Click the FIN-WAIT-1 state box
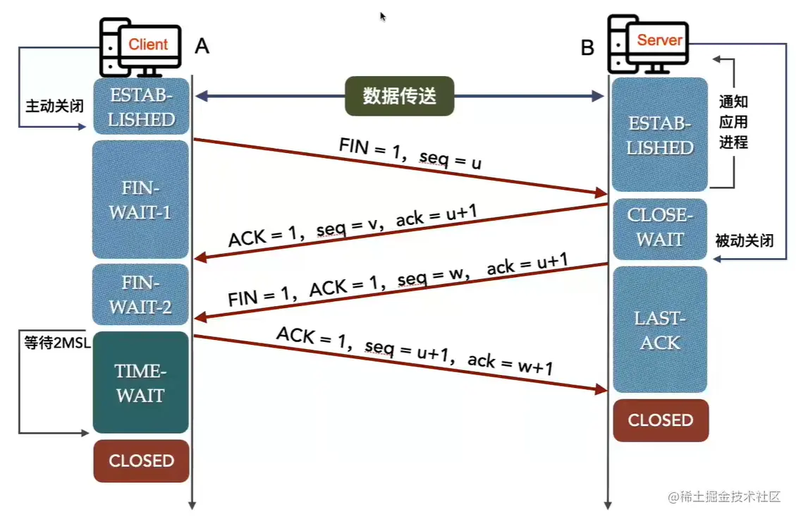(141, 200)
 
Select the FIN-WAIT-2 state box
(141, 295)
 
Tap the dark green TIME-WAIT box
(141, 383)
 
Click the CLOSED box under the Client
(141, 461)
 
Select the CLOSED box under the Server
(661, 420)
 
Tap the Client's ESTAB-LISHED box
(141, 106)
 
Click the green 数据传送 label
(399, 97)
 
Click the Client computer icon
(140, 46)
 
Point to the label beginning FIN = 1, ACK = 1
(398, 280)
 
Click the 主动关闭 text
(55, 106)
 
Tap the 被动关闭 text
(745, 241)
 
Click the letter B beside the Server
(587, 47)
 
